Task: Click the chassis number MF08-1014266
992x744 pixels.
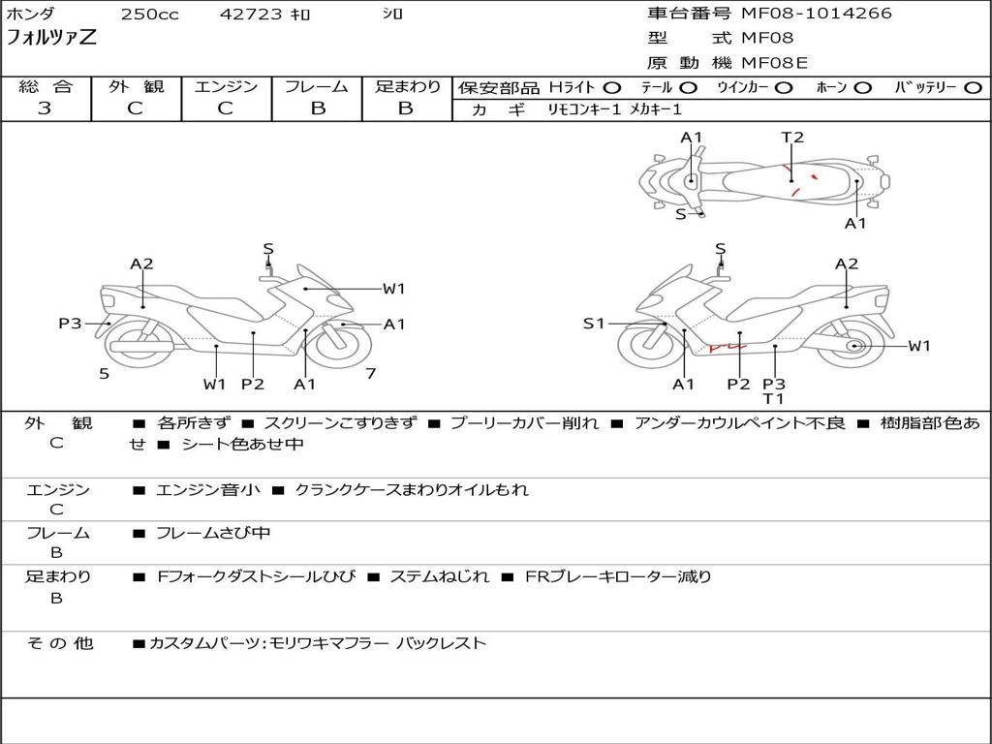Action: [x=816, y=14]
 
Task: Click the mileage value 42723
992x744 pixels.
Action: [x=251, y=14]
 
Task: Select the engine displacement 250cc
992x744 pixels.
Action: [x=150, y=14]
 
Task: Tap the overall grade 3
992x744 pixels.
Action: [x=45, y=108]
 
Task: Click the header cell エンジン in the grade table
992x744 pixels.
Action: [x=226, y=86]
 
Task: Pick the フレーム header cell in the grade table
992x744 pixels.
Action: [x=317, y=86]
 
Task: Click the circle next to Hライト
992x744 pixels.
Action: [x=612, y=88]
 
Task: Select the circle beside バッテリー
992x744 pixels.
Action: [x=973, y=88]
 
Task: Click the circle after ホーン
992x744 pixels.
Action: [x=863, y=88]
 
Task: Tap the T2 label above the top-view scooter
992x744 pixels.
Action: [x=792, y=138]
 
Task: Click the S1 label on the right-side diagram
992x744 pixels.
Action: [x=594, y=324]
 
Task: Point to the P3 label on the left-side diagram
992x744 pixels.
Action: [x=70, y=324]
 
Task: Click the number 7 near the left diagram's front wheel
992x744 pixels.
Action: [x=371, y=373]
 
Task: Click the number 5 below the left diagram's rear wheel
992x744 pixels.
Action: [x=105, y=373]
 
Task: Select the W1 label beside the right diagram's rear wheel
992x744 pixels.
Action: [x=919, y=346]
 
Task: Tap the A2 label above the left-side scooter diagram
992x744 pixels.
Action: [x=141, y=263]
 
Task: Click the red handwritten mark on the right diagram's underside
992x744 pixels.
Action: [x=728, y=347]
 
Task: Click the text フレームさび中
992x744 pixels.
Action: [x=213, y=534]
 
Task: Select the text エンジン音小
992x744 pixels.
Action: [x=208, y=489]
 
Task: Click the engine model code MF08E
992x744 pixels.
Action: [x=774, y=63]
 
